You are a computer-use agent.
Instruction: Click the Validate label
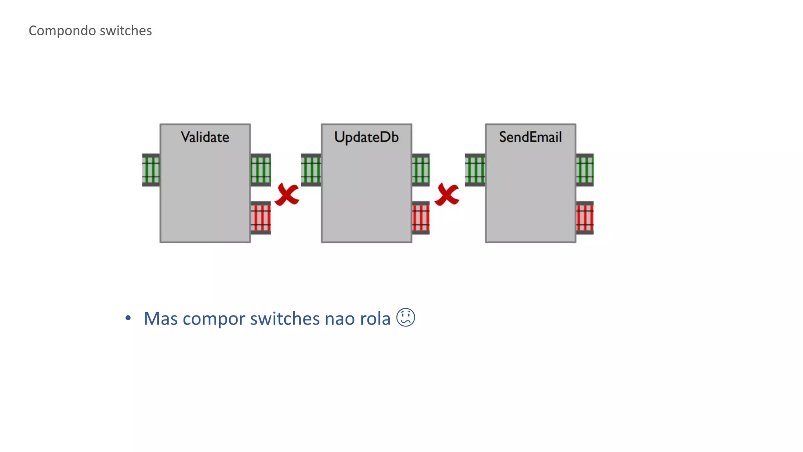(x=205, y=137)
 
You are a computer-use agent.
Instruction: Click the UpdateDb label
(x=366, y=137)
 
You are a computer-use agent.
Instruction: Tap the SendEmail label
(x=530, y=137)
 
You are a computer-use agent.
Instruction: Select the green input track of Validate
(x=151, y=170)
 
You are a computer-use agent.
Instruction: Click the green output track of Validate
(x=260, y=170)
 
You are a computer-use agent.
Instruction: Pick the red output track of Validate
(x=260, y=218)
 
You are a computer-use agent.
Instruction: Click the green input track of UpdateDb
(x=311, y=170)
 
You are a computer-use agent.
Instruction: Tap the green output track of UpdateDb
(x=420, y=170)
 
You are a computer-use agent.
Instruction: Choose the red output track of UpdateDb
(x=420, y=218)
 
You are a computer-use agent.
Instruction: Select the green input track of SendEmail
(x=475, y=170)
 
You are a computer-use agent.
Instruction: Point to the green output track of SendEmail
(x=584, y=170)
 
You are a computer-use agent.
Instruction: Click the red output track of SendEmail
(x=584, y=218)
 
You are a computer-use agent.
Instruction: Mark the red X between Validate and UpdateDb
(x=287, y=195)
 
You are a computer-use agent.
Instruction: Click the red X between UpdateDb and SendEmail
(x=447, y=195)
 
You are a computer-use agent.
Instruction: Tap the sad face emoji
(x=405, y=317)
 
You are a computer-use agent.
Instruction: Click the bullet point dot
(x=128, y=318)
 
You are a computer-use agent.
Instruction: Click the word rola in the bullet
(x=375, y=318)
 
